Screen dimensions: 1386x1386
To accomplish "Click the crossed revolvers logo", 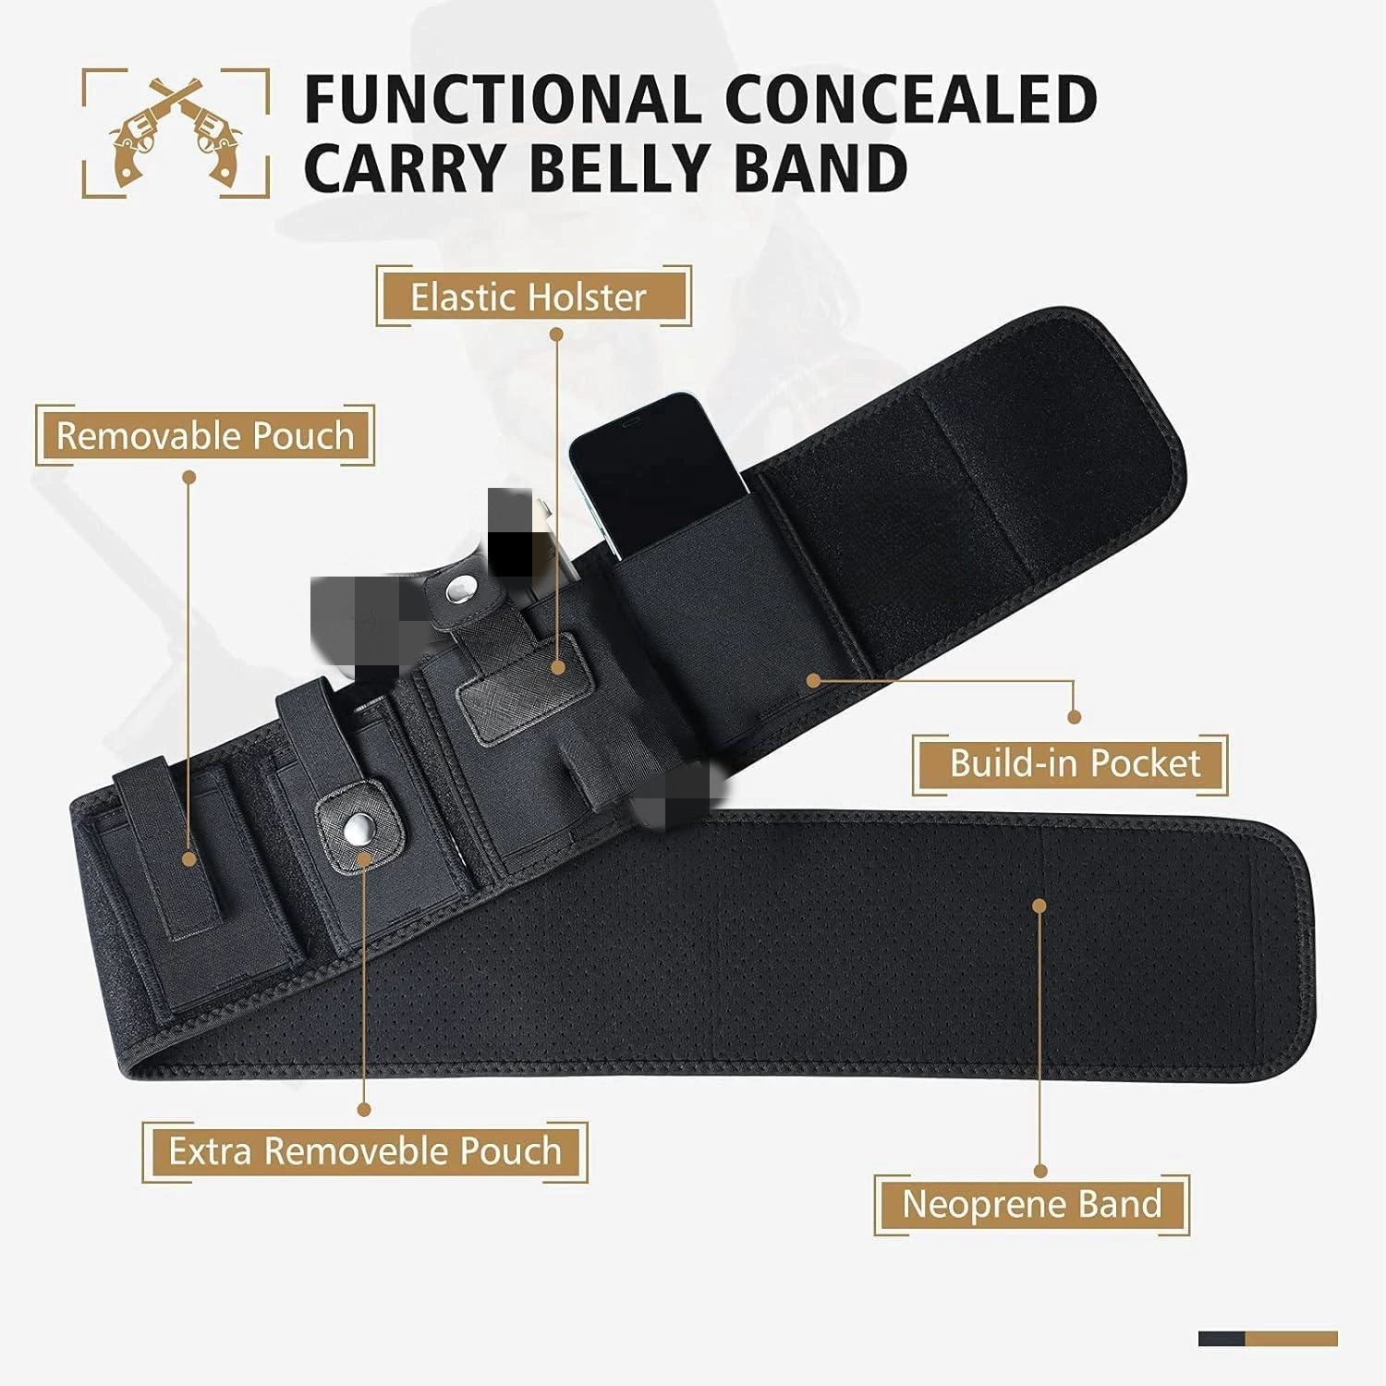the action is click(176, 131).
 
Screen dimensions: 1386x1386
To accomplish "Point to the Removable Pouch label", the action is click(205, 435).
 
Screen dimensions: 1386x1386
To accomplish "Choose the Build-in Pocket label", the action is click(1075, 763).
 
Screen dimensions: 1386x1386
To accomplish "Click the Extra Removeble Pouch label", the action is click(365, 1151).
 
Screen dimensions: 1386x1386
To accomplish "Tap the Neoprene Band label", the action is click(1031, 1204).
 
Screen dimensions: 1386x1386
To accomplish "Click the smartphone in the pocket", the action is click(659, 471).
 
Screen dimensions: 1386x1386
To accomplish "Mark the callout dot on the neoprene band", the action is click(1039, 906).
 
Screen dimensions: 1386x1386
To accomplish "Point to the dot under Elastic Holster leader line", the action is click(557, 666).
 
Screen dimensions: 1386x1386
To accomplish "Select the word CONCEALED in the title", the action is click(911, 99).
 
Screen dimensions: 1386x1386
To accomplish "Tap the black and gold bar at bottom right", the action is click(1268, 1339).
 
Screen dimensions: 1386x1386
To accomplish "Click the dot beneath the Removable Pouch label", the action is click(188, 478).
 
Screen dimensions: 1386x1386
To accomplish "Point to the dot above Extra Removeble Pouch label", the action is click(364, 1109).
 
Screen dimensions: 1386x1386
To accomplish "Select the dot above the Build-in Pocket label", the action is click(1074, 717).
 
